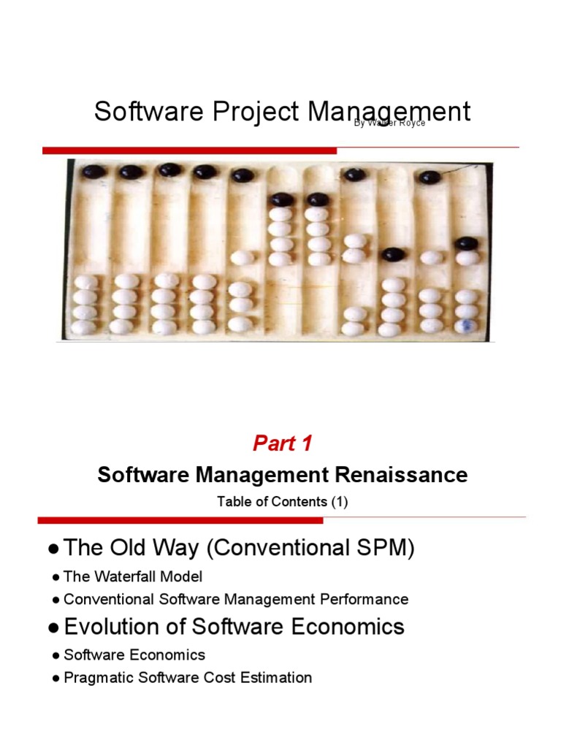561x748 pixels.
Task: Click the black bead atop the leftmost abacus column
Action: click(93, 172)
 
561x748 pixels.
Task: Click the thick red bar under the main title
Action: click(189, 150)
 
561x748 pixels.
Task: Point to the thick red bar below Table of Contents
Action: click(180, 521)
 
